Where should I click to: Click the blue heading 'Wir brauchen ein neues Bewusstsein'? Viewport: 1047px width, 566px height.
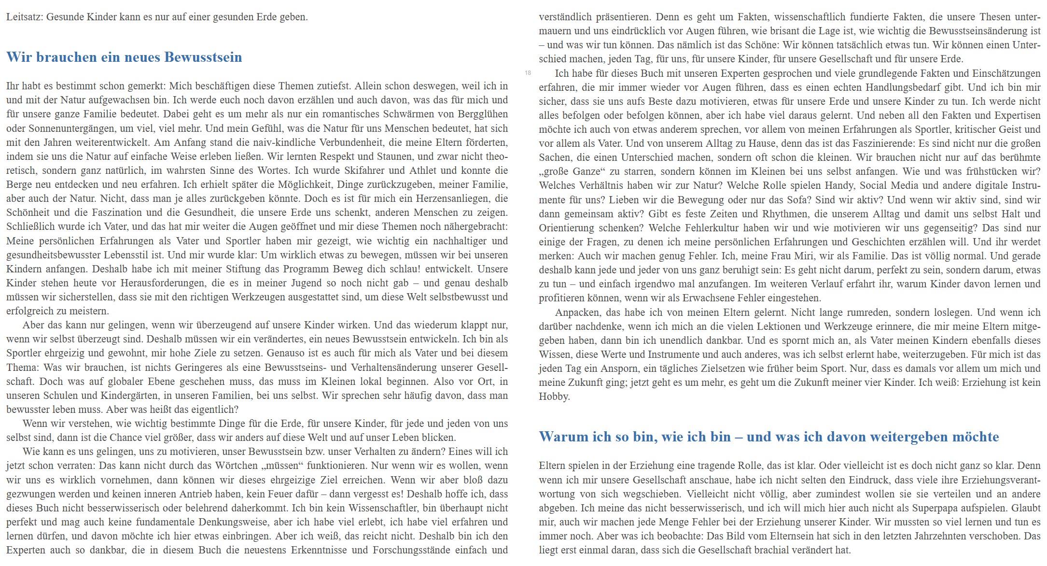[124, 57]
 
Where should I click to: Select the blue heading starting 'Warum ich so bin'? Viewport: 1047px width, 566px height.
[768, 437]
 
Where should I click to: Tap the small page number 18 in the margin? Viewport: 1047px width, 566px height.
[528, 73]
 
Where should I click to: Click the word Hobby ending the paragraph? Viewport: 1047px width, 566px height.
[554, 396]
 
